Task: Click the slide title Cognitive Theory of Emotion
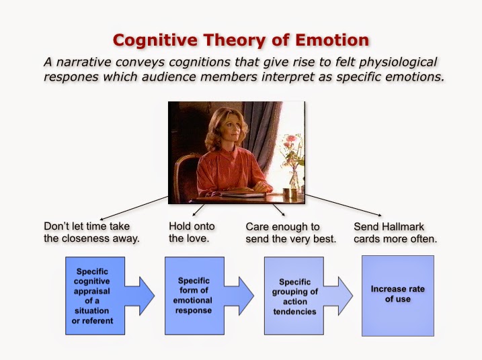coord(241,40)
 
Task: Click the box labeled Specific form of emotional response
coord(194,296)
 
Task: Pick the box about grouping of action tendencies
coord(294,296)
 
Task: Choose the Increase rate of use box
coord(397,294)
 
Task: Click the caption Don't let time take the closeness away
coord(91,232)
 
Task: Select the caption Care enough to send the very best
coord(290,232)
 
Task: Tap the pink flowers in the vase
coord(290,143)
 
